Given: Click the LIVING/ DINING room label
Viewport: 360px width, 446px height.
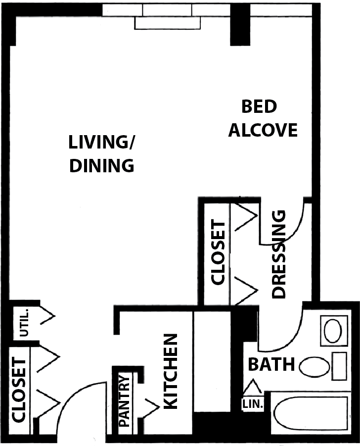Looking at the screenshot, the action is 101,154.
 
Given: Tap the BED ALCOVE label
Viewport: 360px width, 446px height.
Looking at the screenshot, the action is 263,118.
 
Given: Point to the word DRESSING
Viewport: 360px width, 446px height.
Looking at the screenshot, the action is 278,254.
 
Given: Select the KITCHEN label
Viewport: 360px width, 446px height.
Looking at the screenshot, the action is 171,371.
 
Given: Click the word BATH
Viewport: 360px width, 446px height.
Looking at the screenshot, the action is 271,364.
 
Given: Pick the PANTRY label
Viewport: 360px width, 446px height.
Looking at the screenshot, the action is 124,401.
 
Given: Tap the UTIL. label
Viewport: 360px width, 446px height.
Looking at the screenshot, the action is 24,322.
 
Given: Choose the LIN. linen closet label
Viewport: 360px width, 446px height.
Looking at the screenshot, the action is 253,404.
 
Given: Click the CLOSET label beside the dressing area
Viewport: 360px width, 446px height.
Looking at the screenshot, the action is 219,252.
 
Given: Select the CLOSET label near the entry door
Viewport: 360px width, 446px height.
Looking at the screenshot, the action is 19,390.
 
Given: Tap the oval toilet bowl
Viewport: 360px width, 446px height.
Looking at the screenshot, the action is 314,367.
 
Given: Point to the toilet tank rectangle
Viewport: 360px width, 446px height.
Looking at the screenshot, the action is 339,366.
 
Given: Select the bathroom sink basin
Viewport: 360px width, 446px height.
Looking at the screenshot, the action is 333,331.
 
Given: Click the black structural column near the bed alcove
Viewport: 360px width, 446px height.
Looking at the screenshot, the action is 240,25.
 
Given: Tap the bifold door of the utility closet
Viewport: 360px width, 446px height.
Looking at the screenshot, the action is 47,315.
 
